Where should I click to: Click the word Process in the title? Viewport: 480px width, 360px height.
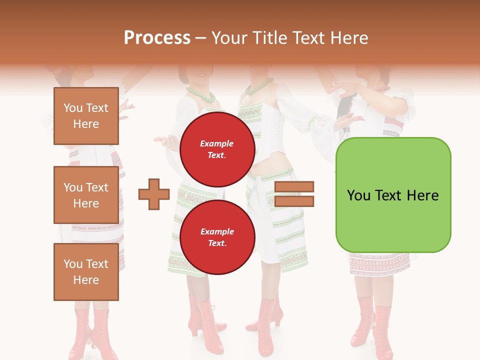(x=157, y=38)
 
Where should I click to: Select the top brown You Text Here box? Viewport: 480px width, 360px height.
(x=86, y=116)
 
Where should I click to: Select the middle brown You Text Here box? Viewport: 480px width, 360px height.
(x=86, y=195)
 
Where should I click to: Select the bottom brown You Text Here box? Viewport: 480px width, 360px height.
(x=86, y=271)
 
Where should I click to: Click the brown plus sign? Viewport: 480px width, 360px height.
(x=154, y=194)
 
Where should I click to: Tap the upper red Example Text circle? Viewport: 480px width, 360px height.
(x=217, y=149)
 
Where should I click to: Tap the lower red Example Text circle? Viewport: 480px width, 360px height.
(x=217, y=237)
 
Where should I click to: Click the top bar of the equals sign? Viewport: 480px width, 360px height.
(x=294, y=186)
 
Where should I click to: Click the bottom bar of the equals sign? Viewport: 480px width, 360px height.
(x=294, y=201)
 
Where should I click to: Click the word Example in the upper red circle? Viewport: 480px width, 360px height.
(x=216, y=143)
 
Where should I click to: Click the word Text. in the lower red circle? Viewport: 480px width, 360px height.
(x=217, y=243)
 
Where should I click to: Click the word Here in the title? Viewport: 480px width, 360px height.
(x=350, y=38)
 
